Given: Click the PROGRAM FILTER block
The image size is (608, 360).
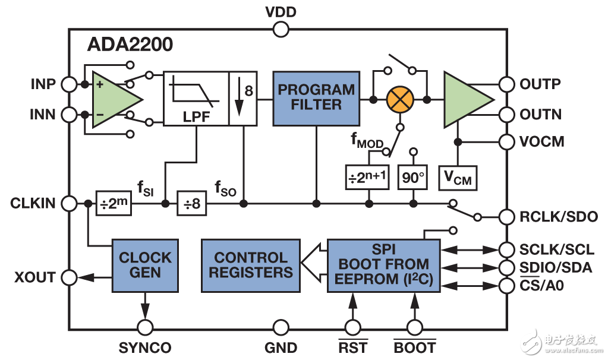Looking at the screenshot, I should pyautogui.click(x=316, y=98).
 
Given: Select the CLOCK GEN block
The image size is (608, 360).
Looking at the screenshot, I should pyautogui.click(x=145, y=266).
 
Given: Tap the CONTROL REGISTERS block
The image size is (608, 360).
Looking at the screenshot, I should pyautogui.click(x=250, y=266).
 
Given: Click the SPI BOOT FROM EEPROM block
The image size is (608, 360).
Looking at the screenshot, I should pyautogui.click(x=383, y=265).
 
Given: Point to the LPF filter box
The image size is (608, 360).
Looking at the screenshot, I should pyautogui.click(x=196, y=99).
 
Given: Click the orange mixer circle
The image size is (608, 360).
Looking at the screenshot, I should pyautogui.click(x=400, y=99).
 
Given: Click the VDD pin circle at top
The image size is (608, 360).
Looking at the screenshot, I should pyautogui.click(x=281, y=29).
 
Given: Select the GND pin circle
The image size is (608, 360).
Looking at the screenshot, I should pyautogui.click(x=281, y=327).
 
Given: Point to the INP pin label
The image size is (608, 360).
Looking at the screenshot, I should pyautogui.click(x=43, y=84).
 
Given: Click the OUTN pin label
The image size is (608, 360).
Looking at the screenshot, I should pyautogui.click(x=540, y=113).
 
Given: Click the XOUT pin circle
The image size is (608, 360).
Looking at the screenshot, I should pyautogui.click(x=69, y=277).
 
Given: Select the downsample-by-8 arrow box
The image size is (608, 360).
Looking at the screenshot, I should pyautogui.click(x=244, y=99).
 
